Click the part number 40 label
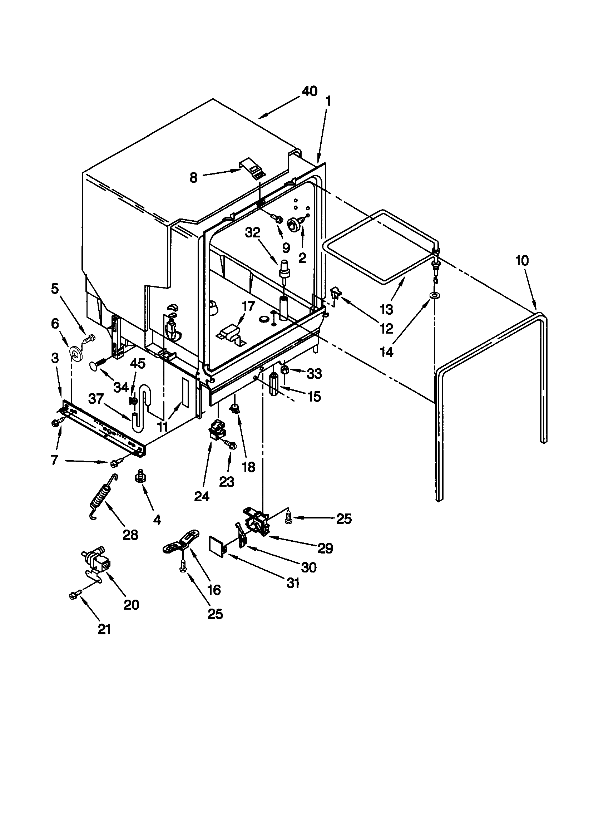click(310, 91)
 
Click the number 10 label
click(522, 261)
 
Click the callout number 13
click(386, 309)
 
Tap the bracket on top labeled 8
click(252, 168)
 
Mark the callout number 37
click(96, 399)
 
